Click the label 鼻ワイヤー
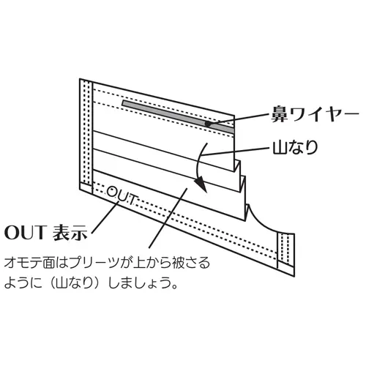pos(315,114)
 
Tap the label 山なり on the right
pos(295,147)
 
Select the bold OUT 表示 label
pos(45,232)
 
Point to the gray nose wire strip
pos(178,116)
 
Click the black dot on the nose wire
pos(208,124)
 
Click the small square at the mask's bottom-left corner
pos(86,187)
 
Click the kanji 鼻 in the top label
pos(280,114)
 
